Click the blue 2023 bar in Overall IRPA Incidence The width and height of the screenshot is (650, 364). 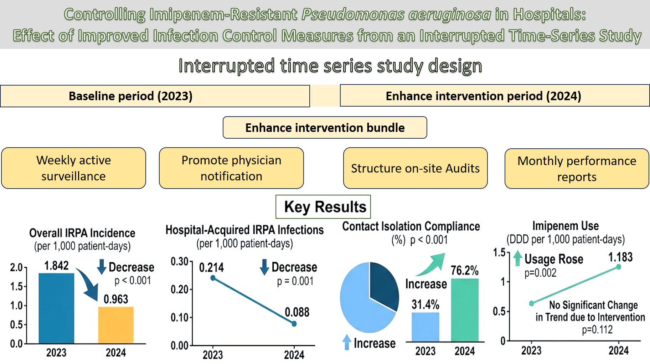pos(56,308)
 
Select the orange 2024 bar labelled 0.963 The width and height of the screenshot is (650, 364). pos(116,325)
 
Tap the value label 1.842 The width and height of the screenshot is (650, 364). pos(56,266)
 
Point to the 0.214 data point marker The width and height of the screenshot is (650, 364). pos(213,278)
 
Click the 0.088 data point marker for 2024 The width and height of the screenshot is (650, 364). pos(294,324)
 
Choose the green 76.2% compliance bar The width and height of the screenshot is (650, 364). pos(465,310)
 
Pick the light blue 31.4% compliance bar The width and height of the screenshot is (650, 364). pos(425,327)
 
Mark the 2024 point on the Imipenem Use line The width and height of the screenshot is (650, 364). pos(619,267)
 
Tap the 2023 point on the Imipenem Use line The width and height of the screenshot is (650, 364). pos(531,303)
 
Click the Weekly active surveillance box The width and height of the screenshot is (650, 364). pos(73,168)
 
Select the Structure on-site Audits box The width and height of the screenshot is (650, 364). pos(415,168)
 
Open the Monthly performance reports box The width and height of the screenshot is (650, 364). pos(577,169)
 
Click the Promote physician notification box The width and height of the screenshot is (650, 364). pos(231,168)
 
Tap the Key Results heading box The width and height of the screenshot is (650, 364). pos(323,207)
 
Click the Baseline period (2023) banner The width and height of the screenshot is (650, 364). pos(155,96)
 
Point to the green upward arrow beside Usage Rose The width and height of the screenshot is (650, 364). pos(518,258)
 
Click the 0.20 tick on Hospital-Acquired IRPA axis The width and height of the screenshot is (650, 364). pos(180,289)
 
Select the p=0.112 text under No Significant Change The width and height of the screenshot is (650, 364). pos(597,330)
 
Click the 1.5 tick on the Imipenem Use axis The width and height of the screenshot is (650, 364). pos(500,252)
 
